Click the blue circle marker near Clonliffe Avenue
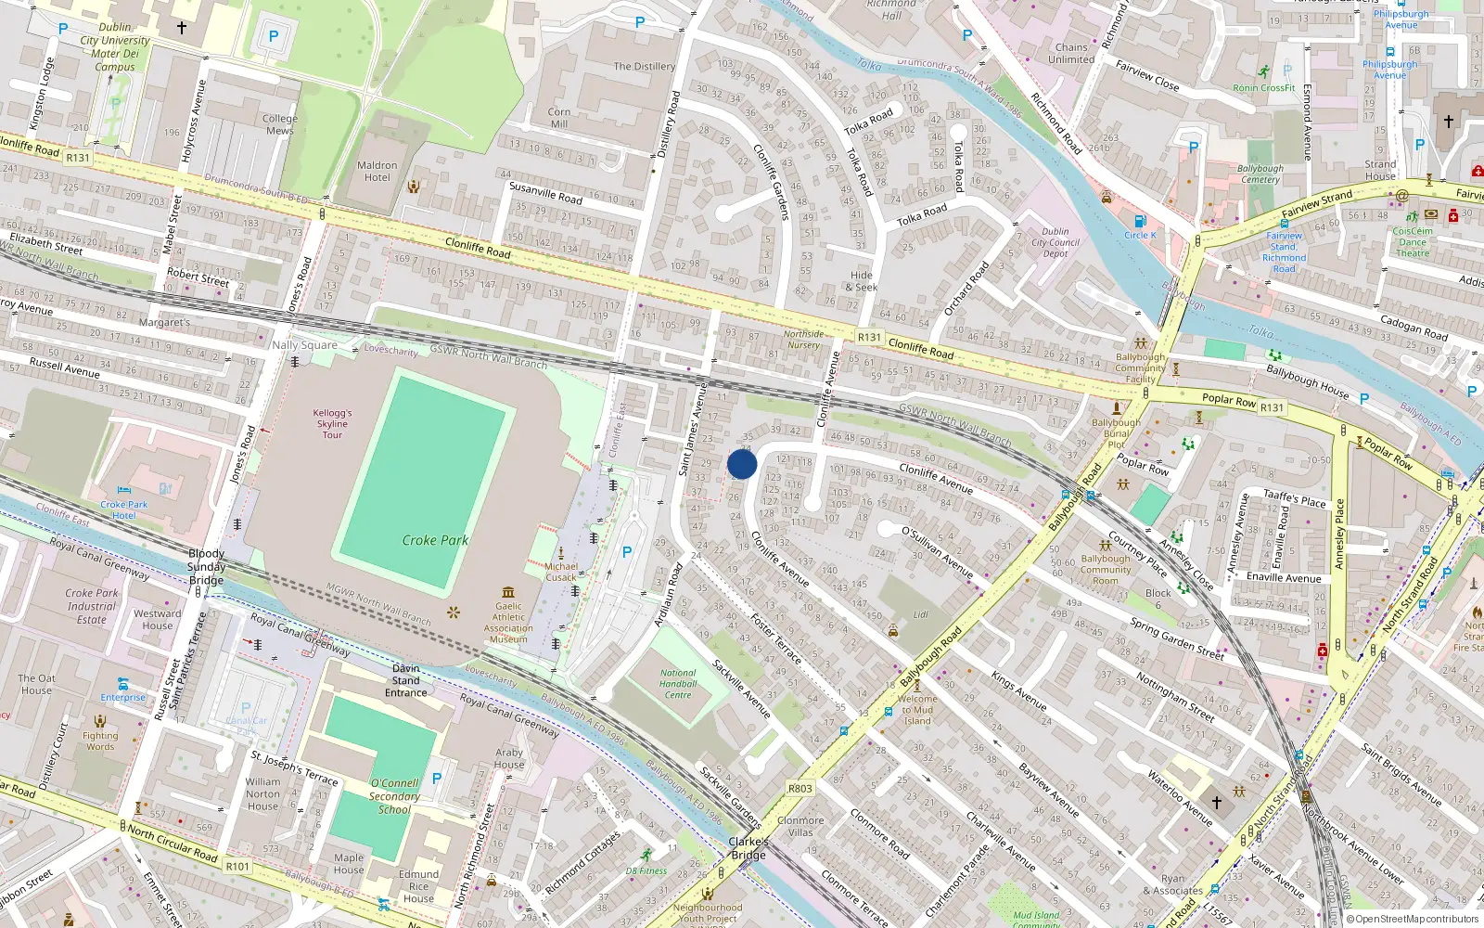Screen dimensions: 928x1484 742,464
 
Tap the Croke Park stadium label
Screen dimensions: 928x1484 435,540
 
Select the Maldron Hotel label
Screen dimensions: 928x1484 377,172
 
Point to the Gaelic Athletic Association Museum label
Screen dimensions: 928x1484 508,617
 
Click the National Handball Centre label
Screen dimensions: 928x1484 678,684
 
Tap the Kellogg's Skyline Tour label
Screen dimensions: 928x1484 332,423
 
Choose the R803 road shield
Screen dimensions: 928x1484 800,789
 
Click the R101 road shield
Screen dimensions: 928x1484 238,866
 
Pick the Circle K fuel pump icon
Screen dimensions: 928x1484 1140,221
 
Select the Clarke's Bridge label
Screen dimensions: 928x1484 748,848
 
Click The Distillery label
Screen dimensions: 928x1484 645,67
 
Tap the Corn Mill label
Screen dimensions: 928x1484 559,118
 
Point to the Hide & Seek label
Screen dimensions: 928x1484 862,281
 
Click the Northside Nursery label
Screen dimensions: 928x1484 803,340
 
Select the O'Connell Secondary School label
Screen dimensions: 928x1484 394,796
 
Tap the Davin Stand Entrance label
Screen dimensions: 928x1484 406,680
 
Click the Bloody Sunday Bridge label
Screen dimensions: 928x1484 206,567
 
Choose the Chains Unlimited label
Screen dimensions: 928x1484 1071,53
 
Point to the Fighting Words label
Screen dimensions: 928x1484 100,741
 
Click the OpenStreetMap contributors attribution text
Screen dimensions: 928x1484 1417,920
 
